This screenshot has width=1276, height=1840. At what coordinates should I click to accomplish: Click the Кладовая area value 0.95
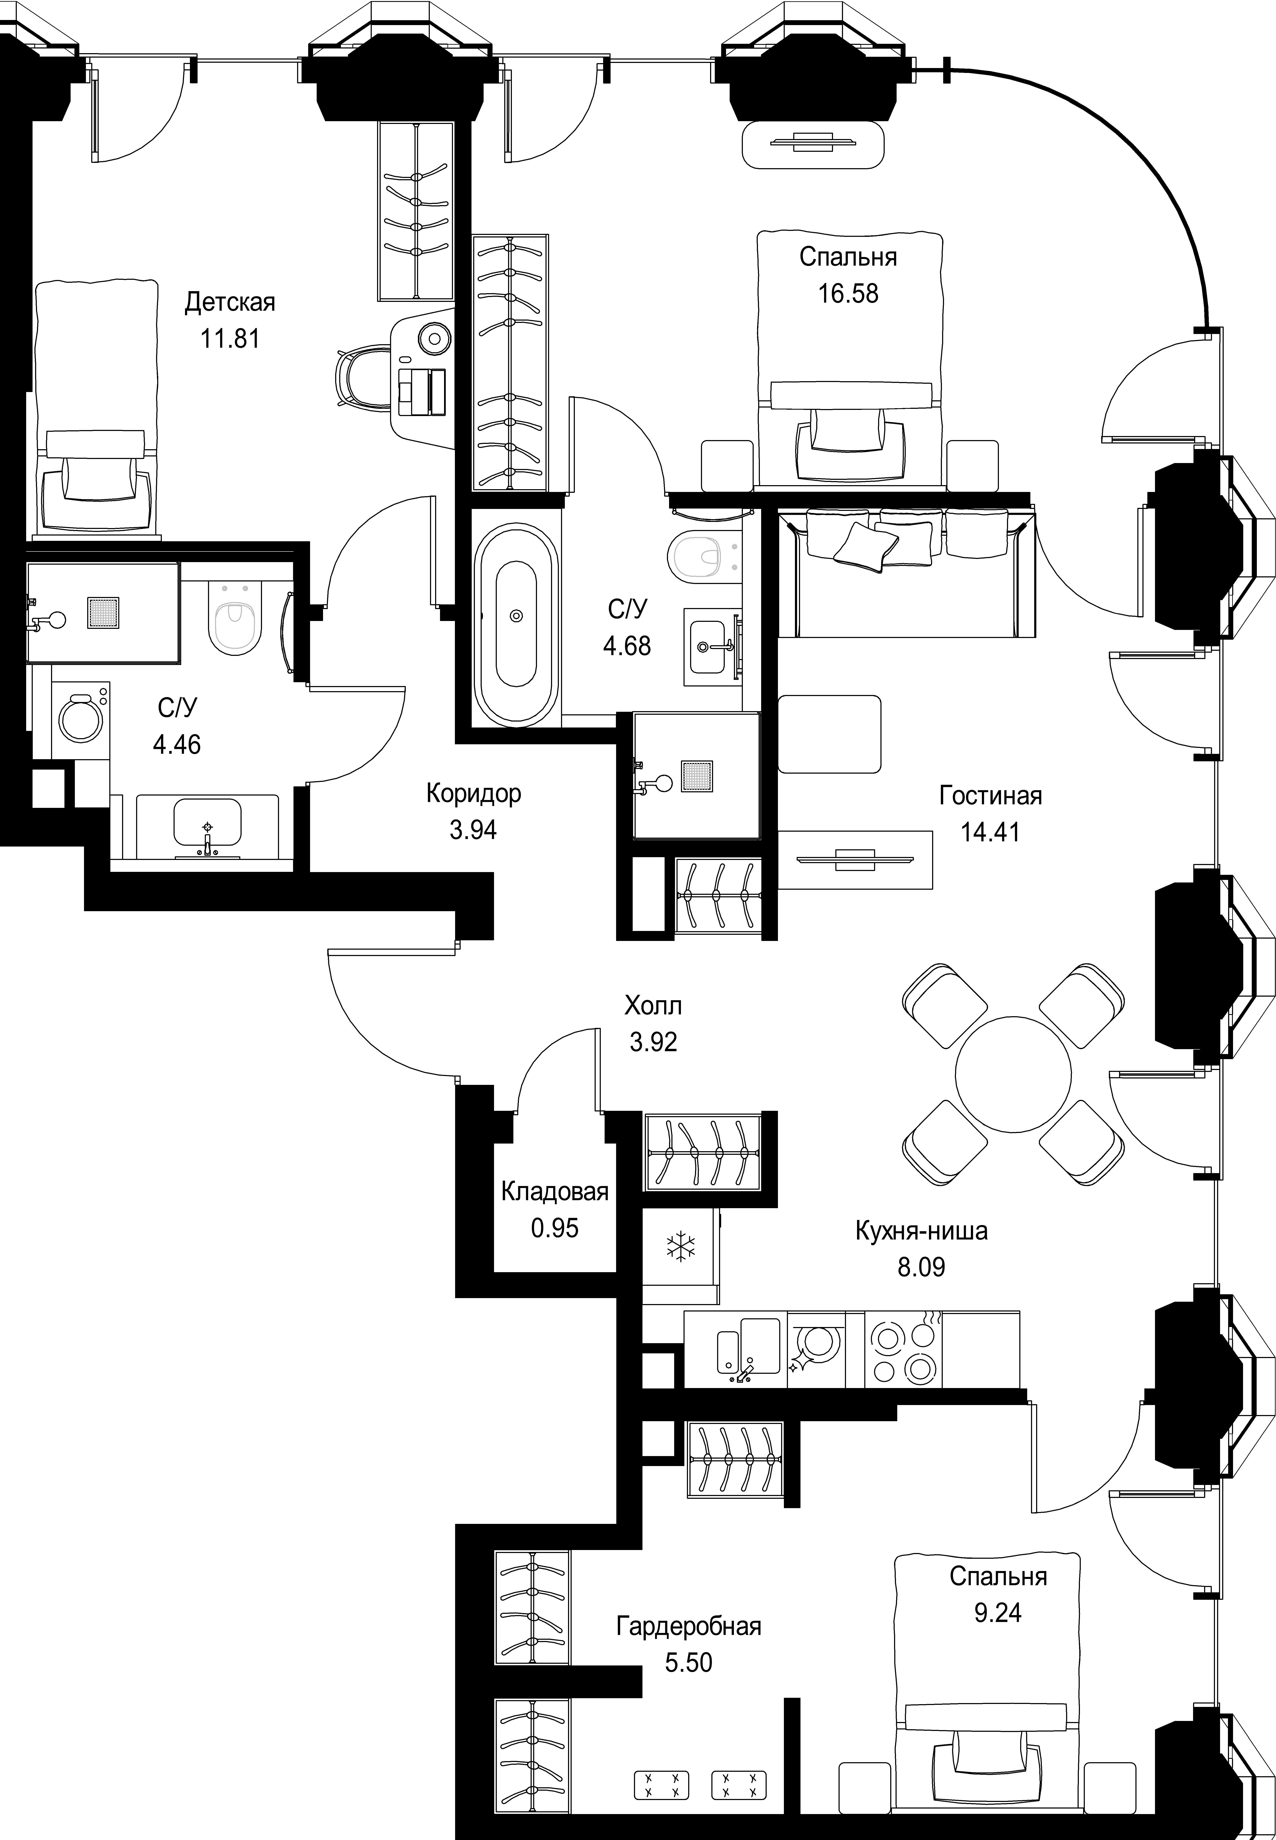point(555,1228)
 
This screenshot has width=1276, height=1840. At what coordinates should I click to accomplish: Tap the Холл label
point(653,1006)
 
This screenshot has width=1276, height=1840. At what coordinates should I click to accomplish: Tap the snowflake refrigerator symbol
point(681,1247)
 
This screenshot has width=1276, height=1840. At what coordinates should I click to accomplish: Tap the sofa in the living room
point(907,572)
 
